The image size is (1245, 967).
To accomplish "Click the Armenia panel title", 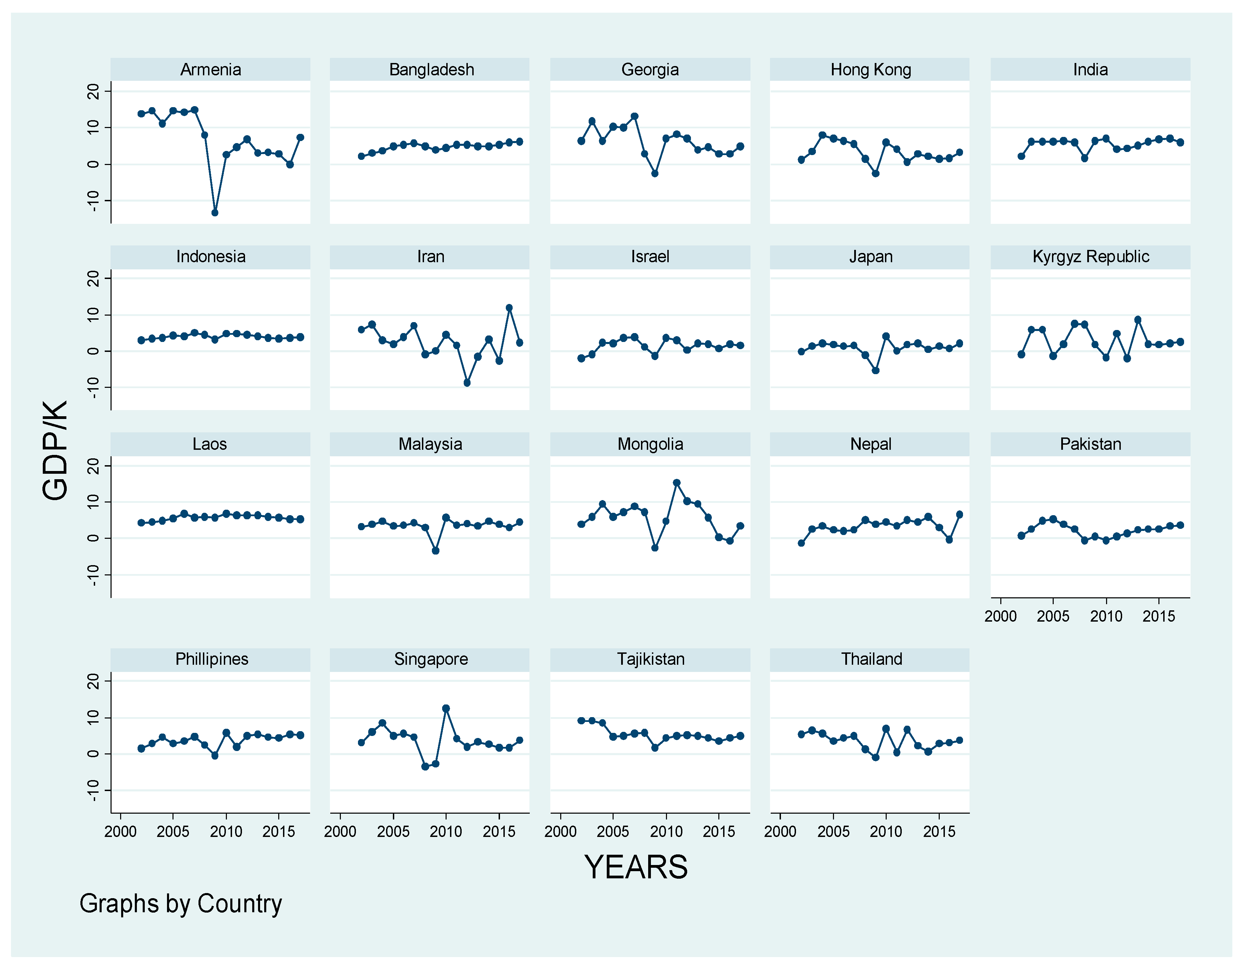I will tap(210, 69).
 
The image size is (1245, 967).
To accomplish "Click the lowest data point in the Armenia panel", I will tap(215, 213).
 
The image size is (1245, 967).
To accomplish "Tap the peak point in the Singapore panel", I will tap(446, 709).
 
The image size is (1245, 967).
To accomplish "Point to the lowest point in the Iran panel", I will tap(467, 383).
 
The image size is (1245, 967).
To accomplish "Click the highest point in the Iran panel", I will tap(509, 308).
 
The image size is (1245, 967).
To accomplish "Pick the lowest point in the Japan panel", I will tap(876, 371).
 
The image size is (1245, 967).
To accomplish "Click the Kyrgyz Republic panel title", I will tap(1091, 257).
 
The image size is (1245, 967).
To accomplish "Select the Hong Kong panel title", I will tap(871, 69).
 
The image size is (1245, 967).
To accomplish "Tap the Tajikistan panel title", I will tap(651, 659).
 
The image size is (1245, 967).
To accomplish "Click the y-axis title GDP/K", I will tap(55, 450).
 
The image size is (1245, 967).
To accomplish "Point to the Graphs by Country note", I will tap(181, 904).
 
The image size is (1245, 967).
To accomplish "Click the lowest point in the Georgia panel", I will tap(655, 173).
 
